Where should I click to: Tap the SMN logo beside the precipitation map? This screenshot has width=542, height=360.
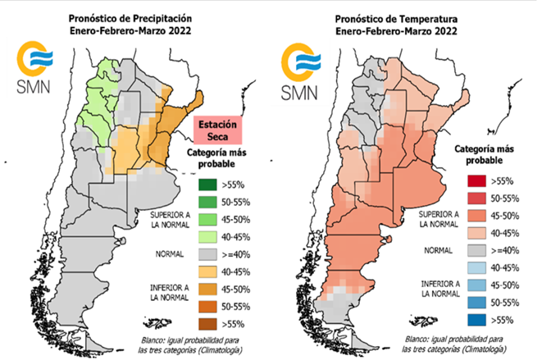[x=34, y=71]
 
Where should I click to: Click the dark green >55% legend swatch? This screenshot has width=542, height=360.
[x=209, y=184]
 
